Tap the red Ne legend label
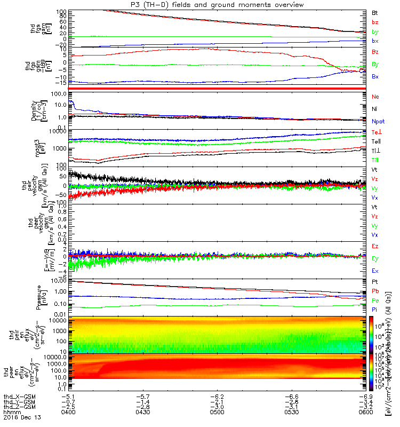point(375,97)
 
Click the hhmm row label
point(11,413)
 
